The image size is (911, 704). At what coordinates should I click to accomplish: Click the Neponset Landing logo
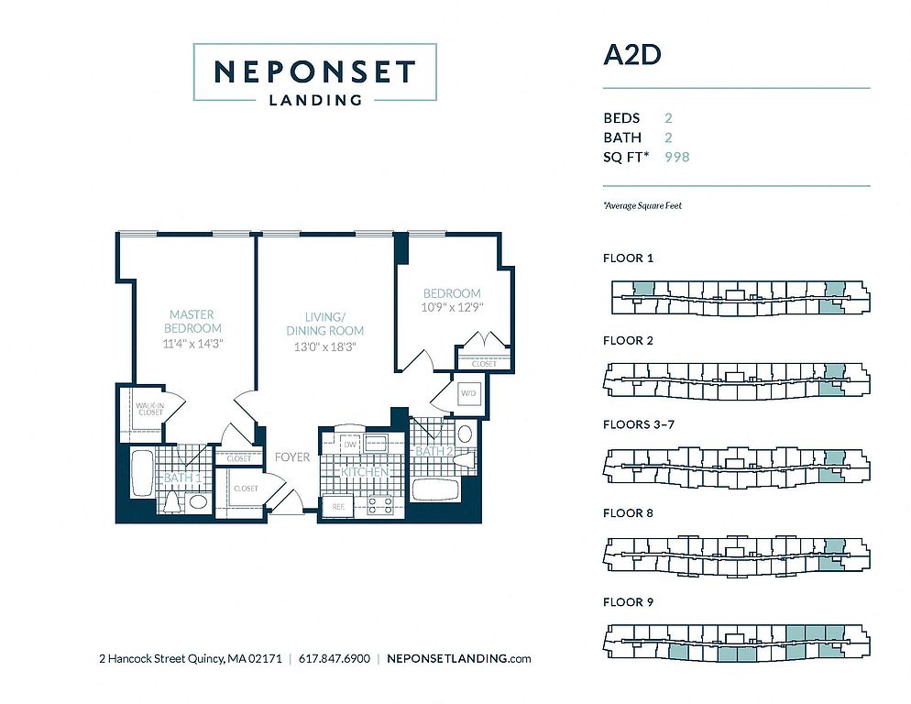[314, 72]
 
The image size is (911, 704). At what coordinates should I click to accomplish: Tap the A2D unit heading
[631, 54]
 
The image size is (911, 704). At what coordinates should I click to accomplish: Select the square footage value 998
[676, 157]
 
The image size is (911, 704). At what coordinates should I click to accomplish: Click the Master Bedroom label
[192, 321]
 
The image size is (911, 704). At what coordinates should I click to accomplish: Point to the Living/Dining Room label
[324, 324]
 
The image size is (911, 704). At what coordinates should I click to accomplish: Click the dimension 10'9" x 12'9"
[452, 307]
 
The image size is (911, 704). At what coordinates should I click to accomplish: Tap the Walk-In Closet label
[149, 408]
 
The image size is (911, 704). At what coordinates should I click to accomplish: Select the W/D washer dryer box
[467, 394]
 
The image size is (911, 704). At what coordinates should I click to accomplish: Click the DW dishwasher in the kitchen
[349, 444]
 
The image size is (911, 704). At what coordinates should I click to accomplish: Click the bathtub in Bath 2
[434, 489]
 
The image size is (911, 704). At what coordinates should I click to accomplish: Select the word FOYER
[292, 456]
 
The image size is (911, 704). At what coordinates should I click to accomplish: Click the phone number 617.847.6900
[335, 658]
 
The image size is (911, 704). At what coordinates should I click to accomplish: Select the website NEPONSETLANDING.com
[459, 658]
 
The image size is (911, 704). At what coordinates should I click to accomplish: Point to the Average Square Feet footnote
[642, 206]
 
